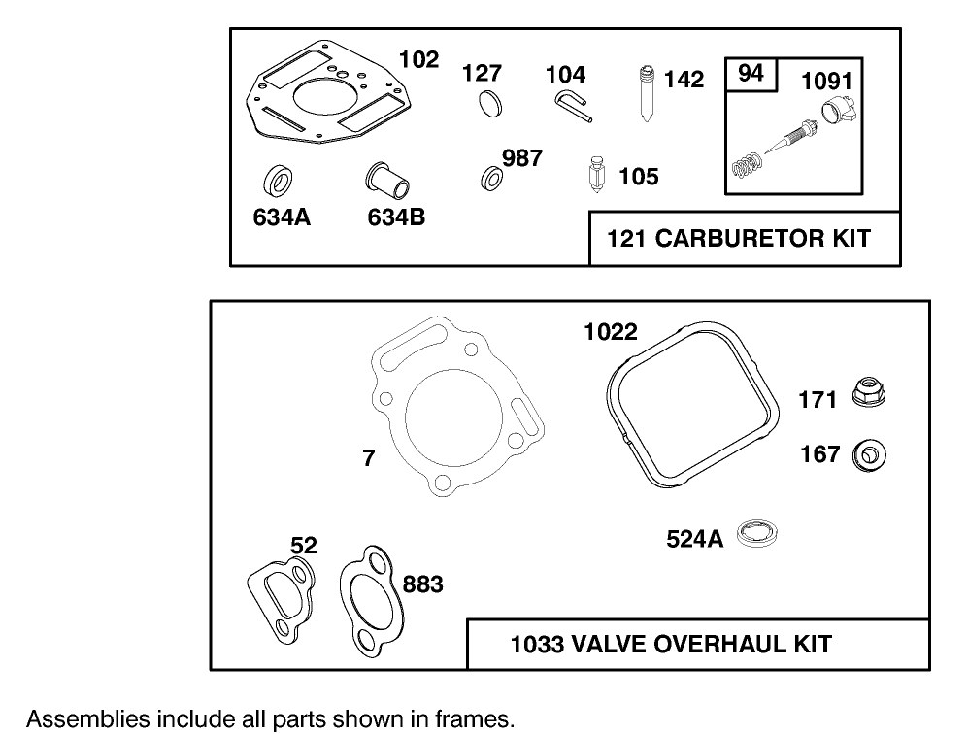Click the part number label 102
tap(418, 59)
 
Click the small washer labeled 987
tap(491, 178)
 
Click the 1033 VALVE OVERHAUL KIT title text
tap(671, 643)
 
